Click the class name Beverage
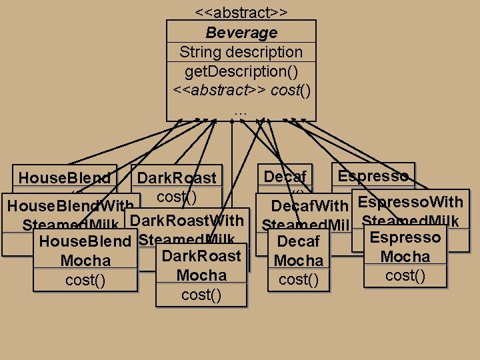click(x=241, y=33)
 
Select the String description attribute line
click(x=241, y=52)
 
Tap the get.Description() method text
click(x=241, y=71)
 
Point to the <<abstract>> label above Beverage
click(x=241, y=13)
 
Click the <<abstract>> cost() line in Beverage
click(x=241, y=89)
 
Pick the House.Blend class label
click(x=65, y=178)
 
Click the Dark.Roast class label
click(x=177, y=178)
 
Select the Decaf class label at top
click(x=285, y=177)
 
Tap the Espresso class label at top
click(x=373, y=176)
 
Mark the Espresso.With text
click(x=411, y=201)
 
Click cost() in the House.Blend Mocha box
click(x=85, y=280)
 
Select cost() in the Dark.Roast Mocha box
click(x=201, y=295)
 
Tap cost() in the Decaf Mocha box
click(x=299, y=279)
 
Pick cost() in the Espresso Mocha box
click(x=405, y=275)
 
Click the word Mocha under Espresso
click(x=405, y=257)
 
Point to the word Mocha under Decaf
click(x=299, y=261)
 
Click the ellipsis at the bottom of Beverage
click(x=241, y=111)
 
